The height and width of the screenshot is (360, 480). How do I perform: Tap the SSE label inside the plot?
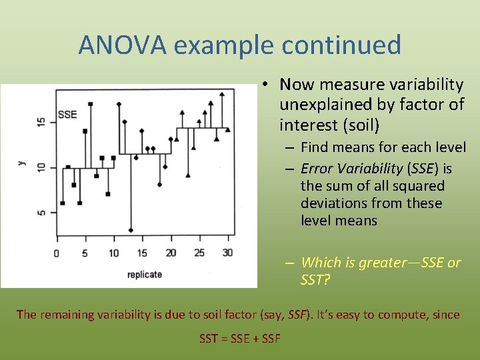coord(67,114)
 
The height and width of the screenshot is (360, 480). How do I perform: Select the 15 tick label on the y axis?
coord(41,122)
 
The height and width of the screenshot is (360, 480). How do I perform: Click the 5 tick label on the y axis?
coord(41,213)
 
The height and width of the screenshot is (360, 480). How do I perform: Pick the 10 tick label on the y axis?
coord(41,167)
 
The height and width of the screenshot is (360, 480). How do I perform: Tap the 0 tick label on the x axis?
coord(56,253)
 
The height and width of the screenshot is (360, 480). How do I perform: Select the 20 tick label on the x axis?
coord(171,253)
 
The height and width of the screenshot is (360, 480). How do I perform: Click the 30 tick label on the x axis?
coord(228,253)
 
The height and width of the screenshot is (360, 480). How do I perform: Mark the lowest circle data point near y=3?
coord(131,230)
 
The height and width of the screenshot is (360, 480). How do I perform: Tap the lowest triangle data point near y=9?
coord(188,175)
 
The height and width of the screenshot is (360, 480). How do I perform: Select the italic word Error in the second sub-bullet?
coord(317,169)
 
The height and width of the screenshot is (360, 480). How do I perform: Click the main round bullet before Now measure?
coord(265,85)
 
